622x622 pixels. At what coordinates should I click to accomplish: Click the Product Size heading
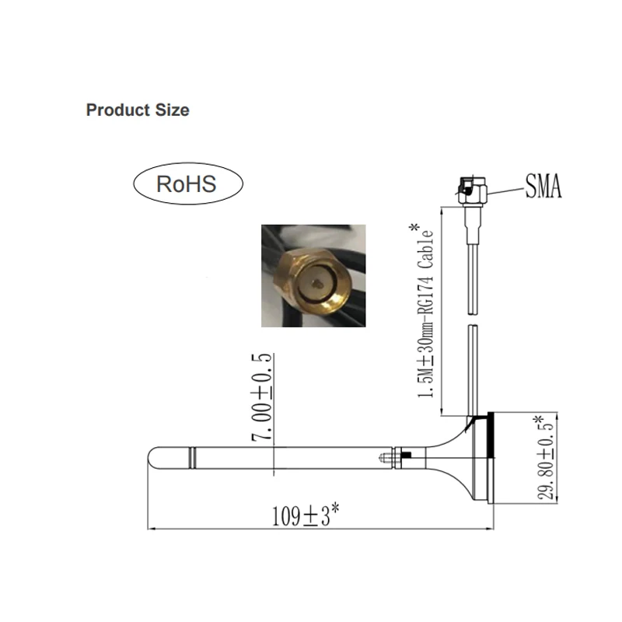[x=137, y=110]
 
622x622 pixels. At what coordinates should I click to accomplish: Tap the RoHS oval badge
[x=187, y=184]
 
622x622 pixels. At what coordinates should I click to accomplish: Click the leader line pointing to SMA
[x=503, y=188]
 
